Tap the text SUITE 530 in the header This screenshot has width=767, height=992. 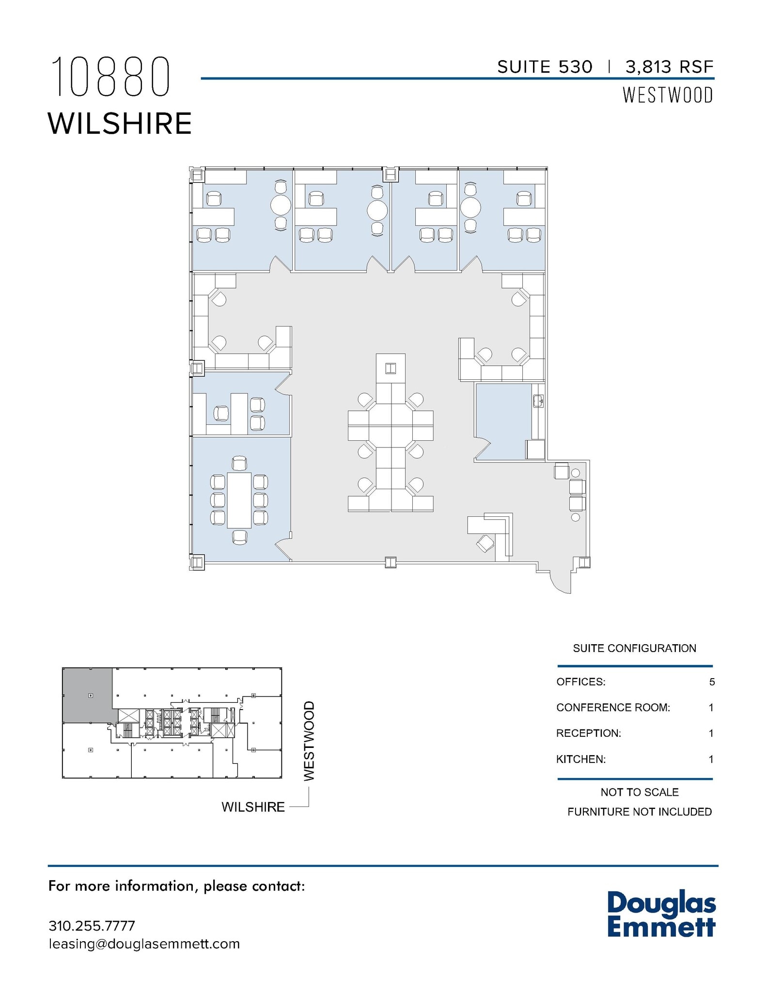[545, 67]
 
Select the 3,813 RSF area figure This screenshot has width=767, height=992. [670, 67]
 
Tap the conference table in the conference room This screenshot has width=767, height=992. [239, 500]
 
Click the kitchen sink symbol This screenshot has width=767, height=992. [538, 401]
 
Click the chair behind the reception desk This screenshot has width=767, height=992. [485, 543]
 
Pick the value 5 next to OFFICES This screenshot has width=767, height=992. [711, 682]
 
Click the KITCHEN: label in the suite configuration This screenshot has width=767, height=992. [580, 759]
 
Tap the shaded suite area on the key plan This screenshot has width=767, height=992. [87, 695]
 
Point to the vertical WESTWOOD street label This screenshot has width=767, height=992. [309, 741]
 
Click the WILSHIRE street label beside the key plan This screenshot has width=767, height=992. [253, 807]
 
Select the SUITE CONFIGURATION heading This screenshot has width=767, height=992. [634, 648]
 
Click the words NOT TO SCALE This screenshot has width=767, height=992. [639, 792]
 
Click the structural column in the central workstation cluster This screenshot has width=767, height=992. [391, 369]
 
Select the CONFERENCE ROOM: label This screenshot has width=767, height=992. [613, 708]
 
